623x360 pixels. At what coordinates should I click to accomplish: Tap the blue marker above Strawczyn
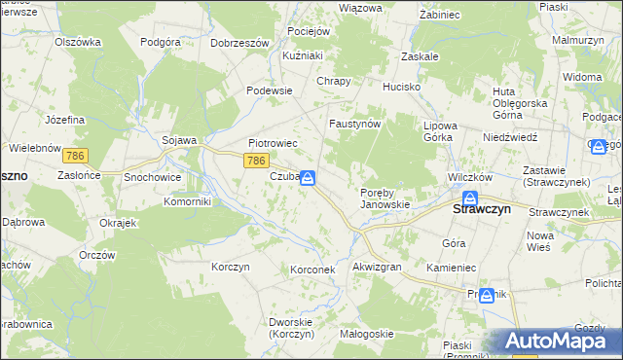point(468,198)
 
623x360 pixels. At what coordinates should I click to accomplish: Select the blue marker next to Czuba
point(308,178)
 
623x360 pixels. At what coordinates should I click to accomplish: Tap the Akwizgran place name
point(377,267)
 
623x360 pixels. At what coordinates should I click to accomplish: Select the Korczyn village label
point(231,267)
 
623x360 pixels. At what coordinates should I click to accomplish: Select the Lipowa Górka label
point(438,131)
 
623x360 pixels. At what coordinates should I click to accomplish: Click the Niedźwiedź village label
point(510,137)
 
